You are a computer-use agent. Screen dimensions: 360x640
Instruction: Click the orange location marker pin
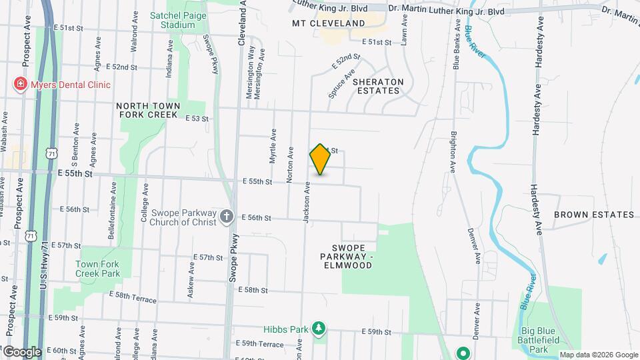320,159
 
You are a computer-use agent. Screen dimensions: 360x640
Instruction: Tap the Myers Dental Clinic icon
21,85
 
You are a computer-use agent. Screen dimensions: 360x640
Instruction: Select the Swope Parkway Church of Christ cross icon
227,217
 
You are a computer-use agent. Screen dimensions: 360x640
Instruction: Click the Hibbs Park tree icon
320,328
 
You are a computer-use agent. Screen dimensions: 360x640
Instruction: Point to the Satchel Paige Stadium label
173,19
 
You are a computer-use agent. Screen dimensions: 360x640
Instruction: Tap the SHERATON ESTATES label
378,86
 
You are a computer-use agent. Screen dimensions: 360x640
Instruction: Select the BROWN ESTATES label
593,215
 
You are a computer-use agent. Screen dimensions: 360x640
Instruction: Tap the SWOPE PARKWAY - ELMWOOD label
345,257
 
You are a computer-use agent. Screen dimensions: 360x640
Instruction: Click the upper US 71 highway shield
51,153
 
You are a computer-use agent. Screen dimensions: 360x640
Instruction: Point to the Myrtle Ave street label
273,146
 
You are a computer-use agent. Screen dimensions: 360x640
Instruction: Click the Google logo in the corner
21,351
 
